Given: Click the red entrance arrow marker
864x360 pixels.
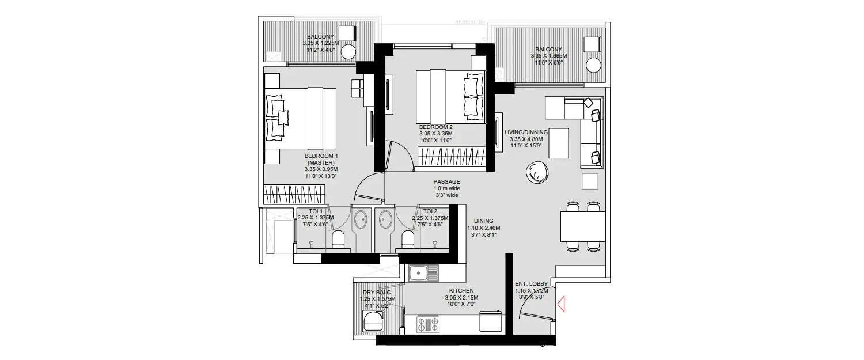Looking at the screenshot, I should click(560, 303).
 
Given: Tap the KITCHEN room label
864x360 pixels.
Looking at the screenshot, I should click(461, 291).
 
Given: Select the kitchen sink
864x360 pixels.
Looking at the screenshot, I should click(423, 272).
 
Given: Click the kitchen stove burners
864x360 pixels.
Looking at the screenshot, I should click(427, 324).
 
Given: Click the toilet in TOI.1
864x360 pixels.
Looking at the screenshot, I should click(338, 238).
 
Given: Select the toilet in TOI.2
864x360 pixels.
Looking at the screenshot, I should click(408, 238).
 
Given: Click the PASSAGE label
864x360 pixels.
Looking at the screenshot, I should click(446, 181).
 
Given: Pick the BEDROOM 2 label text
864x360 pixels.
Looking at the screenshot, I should click(435, 127).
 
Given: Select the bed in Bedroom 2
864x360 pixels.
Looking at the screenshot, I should click(450, 95).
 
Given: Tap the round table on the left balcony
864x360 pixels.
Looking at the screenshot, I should click(348, 52).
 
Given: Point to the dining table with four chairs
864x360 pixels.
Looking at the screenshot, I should click(583, 226).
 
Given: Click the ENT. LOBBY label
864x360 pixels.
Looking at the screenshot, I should click(531, 283).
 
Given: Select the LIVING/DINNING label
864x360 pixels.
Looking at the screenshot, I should click(526, 132).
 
